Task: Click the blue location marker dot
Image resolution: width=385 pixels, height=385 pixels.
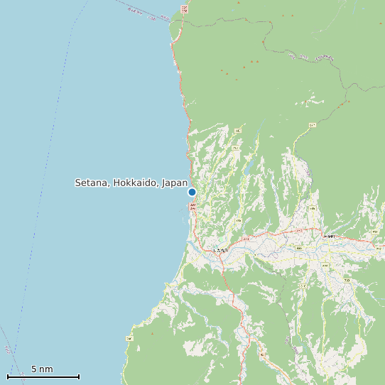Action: (192, 192)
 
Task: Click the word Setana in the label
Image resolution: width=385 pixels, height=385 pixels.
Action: (92, 183)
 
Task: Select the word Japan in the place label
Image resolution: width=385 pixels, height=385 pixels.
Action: (174, 183)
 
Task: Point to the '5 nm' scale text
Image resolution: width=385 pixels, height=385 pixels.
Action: (42, 369)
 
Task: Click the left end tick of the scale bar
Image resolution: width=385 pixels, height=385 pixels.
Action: (8, 376)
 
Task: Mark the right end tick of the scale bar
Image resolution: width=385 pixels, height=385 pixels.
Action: (79, 376)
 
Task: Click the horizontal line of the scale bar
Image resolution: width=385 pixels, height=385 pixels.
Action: (43, 376)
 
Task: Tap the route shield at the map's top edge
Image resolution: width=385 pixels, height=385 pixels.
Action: (185, 9)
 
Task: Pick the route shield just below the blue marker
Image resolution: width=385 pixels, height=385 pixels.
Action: (192, 205)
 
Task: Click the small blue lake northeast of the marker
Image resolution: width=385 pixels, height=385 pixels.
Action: (248, 170)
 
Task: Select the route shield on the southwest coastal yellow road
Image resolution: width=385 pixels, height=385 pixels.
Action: (129, 338)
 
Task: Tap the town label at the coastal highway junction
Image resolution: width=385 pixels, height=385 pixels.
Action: (221, 251)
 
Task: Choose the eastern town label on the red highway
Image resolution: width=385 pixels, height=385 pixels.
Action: (328, 236)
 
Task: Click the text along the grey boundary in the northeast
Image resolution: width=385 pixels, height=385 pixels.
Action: (325, 57)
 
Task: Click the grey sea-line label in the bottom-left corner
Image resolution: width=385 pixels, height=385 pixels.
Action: (7, 349)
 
